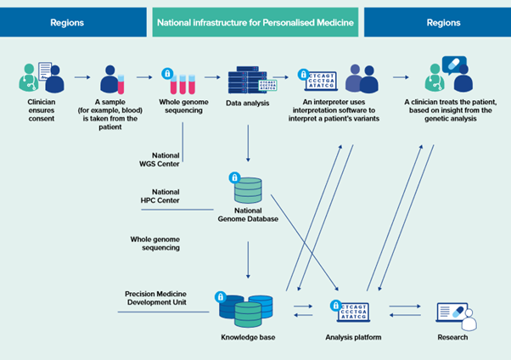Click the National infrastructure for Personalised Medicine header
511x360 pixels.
pyautogui.click(x=255, y=23)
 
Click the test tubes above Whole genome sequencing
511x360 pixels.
pyautogui.click(x=185, y=82)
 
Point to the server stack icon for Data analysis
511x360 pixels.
pyautogui.click(x=246, y=80)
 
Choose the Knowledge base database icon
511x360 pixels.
pyautogui.click(x=246, y=311)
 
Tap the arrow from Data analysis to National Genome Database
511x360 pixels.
pyautogui.click(x=248, y=142)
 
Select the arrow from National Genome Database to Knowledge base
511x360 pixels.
pyautogui.click(x=248, y=258)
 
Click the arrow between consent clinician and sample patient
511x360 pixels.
pyautogui.click(x=81, y=78)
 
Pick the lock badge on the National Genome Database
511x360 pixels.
pyautogui.click(x=235, y=177)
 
